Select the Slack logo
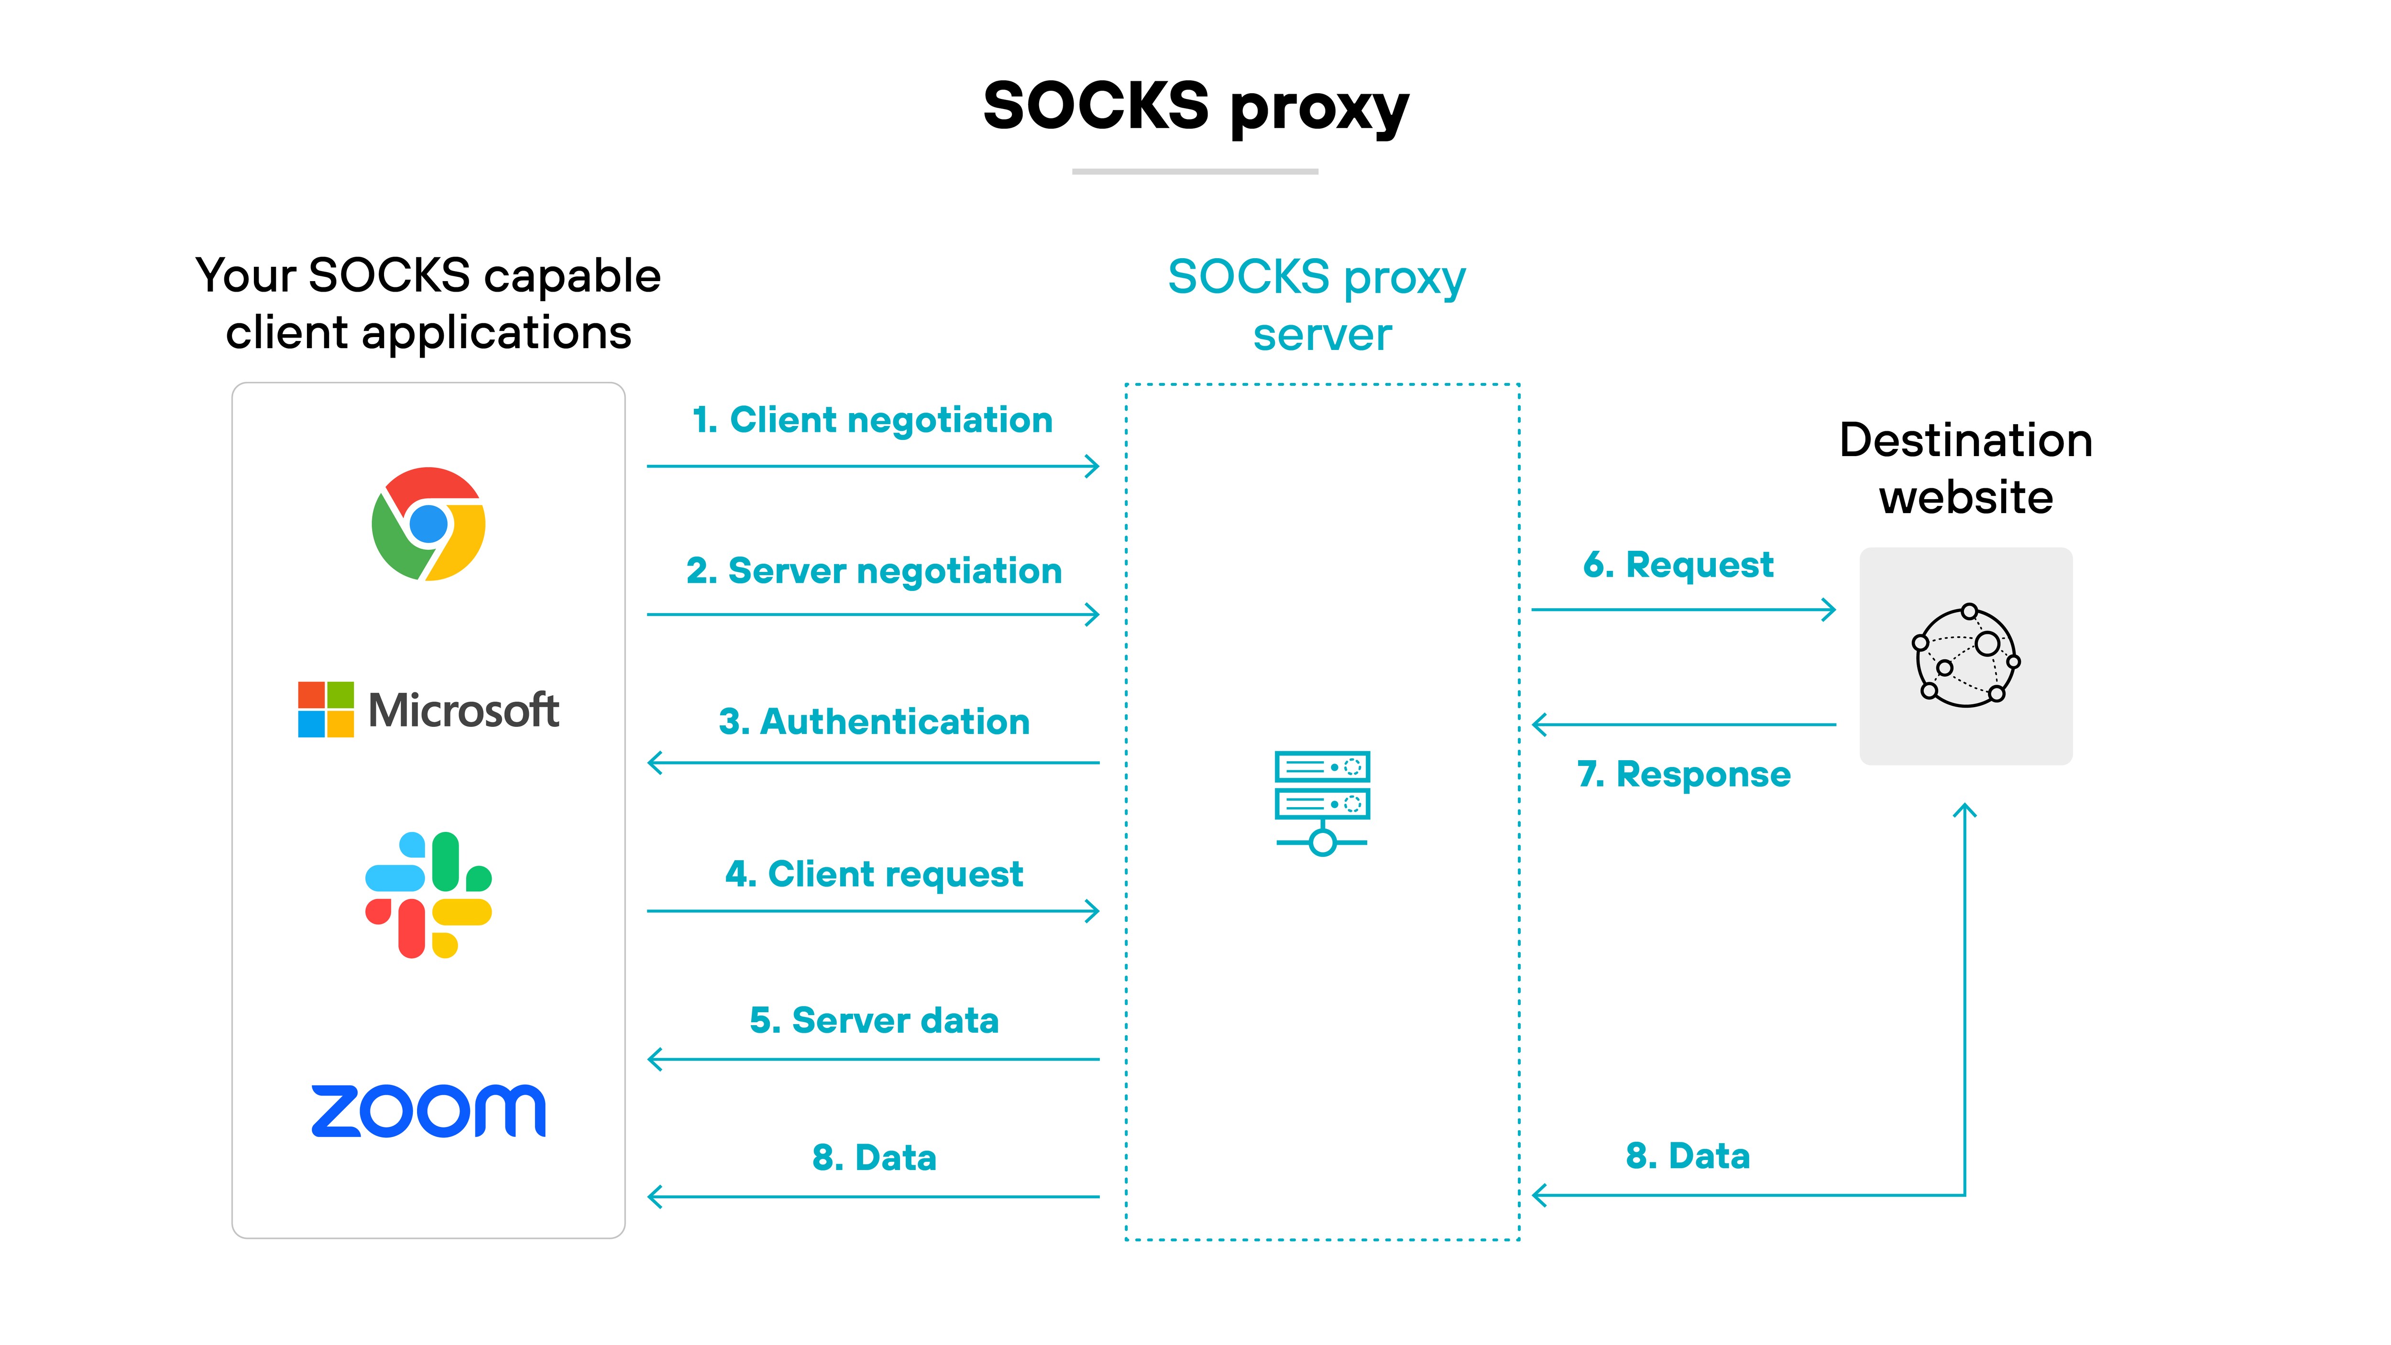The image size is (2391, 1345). pyautogui.click(x=428, y=895)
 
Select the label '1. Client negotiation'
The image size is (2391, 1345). pyautogui.click(x=873, y=420)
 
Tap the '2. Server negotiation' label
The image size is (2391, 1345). pyautogui.click(x=873, y=571)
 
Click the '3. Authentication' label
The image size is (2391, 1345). pyautogui.click(x=873, y=722)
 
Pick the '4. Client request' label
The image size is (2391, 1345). pyautogui.click(x=873, y=875)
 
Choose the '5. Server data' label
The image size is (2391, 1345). pyautogui.click(x=873, y=1021)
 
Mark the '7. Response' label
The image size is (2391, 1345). pyautogui.click(x=1683, y=774)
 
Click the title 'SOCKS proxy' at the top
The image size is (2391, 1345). pyautogui.click(x=1195, y=107)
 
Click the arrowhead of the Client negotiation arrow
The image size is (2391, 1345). pyautogui.click(x=1093, y=466)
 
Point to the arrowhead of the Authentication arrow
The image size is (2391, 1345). pyautogui.click(x=654, y=763)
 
